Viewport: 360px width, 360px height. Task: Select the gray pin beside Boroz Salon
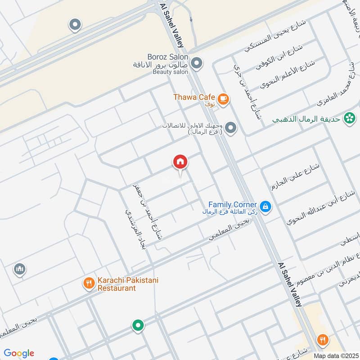coord(196,63)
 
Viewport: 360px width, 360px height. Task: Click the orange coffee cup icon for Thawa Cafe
coord(222,98)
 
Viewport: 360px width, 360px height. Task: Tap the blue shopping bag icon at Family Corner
coord(265,206)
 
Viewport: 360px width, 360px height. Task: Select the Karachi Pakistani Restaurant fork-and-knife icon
coord(89,283)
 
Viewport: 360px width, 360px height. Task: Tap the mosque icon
coord(19,269)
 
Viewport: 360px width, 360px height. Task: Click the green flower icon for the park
coord(348,118)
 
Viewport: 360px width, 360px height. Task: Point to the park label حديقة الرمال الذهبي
coord(307,120)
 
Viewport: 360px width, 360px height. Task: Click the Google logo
coord(19,353)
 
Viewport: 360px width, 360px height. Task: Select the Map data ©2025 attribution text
coord(336,355)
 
